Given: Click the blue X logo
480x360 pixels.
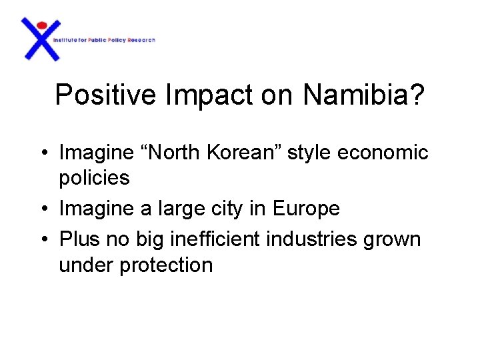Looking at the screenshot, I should [x=41, y=40].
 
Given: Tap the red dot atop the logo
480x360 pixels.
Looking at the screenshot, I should [x=41, y=25].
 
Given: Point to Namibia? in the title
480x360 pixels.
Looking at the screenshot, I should [x=363, y=95].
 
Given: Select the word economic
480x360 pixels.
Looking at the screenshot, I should [x=383, y=153].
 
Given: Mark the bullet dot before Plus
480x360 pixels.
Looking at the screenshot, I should [x=42, y=239].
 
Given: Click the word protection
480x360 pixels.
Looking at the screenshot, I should [x=165, y=265].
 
